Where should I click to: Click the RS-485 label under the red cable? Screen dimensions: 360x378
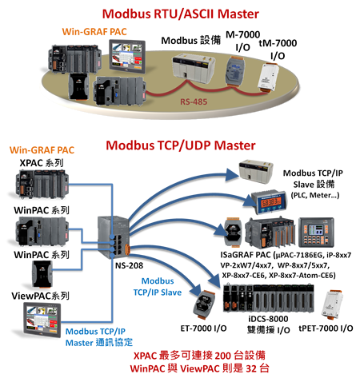click(194, 101)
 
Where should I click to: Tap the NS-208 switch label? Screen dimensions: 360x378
click(129, 265)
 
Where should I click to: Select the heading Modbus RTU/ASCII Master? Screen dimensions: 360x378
click(181, 14)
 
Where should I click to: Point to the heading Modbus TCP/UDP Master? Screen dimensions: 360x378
click(181, 145)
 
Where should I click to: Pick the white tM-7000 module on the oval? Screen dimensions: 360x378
click(268, 78)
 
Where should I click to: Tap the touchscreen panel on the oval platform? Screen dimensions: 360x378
click(127, 56)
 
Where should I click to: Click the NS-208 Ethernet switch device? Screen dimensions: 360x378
click(114, 237)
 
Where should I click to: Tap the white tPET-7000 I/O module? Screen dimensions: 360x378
click(332, 304)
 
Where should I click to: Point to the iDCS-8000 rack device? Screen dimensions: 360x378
click(268, 298)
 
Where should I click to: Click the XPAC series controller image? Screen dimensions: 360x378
click(42, 185)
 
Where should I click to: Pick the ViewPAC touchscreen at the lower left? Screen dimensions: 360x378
click(42, 320)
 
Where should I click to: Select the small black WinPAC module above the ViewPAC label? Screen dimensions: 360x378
click(42, 274)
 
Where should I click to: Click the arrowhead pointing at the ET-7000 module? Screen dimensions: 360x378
click(196, 289)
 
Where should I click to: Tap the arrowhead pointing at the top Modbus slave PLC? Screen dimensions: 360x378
click(232, 175)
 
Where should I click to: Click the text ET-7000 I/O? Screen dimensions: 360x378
click(203, 328)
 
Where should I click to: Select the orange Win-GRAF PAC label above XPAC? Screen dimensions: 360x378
click(42, 150)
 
